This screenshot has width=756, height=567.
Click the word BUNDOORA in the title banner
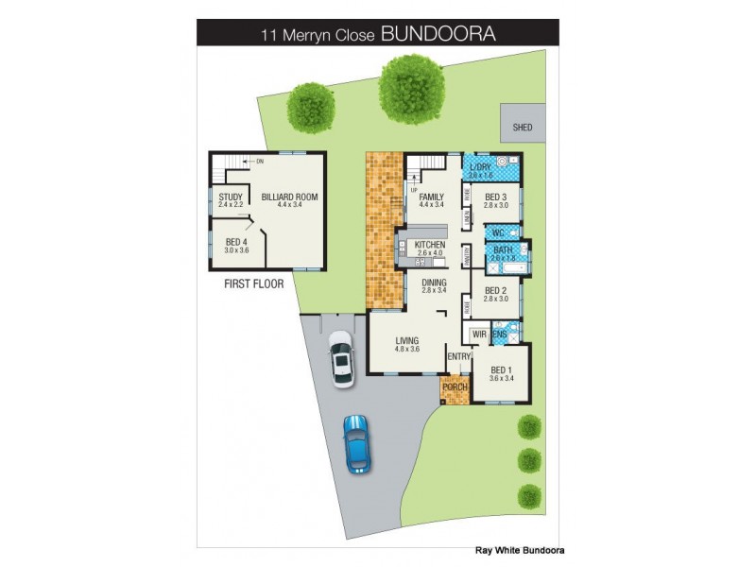pos(438,34)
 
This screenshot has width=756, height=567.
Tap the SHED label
pos(523,127)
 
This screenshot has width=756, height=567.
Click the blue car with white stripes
pos(356,442)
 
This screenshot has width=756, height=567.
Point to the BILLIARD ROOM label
pos(289,198)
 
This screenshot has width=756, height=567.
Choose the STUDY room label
pos(231,198)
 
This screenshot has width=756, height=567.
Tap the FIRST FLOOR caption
pos(254,283)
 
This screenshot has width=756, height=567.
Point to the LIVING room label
pos(407,342)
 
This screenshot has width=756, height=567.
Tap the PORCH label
pos(455,387)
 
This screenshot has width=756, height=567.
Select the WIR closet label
pos(478,334)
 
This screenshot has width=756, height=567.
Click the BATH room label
pos(502,251)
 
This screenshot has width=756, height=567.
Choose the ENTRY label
pos(459,355)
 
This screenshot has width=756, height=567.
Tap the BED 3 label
pos(496,198)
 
